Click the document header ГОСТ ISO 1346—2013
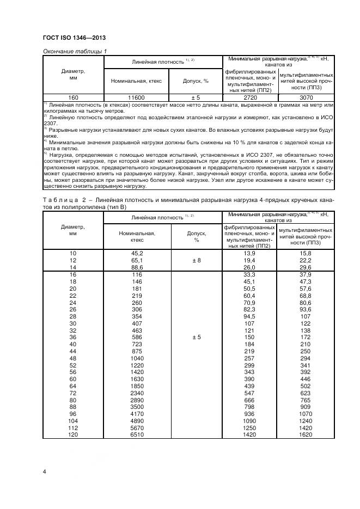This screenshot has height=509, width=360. (x=74, y=37)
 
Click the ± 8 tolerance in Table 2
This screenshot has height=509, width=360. (x=196, y=261)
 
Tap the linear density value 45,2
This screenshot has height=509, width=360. (x=133, y=254)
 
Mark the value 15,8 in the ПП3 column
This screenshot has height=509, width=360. (x=306, y=254)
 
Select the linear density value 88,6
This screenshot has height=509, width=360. (x=133, y=268)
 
